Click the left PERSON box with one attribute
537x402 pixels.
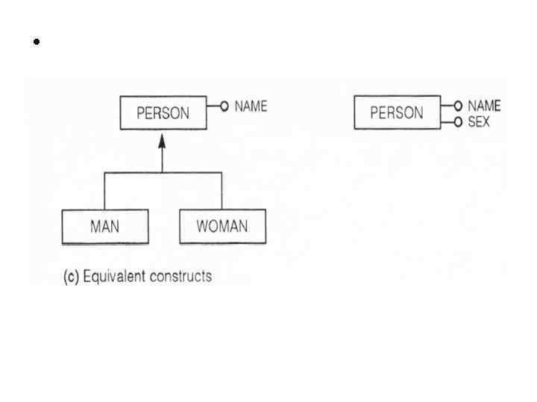[x=163, y=113]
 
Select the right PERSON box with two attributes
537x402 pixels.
[x=397, y=112]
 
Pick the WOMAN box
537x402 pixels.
[x=222, y=226]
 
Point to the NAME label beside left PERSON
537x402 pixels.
[x=251, y=106]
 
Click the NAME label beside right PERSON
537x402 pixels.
[x=484, y=106]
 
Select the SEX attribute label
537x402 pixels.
[x=479, y=121]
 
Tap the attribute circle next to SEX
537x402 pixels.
[x=459, y=121]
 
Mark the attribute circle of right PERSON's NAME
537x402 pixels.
[x=459, y=106]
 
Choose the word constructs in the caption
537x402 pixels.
[x=183, y=276]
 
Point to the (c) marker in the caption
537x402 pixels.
[x=71, y=277]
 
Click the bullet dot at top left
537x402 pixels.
[x=35, y=42]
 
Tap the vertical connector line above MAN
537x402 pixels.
[x=104, y=191]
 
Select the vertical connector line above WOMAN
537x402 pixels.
[x=222, y=191]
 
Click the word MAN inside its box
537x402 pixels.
[x=104, y=226]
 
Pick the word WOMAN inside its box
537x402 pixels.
[x=222, y=226]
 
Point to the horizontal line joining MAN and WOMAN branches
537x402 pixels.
[x=134, y=173]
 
